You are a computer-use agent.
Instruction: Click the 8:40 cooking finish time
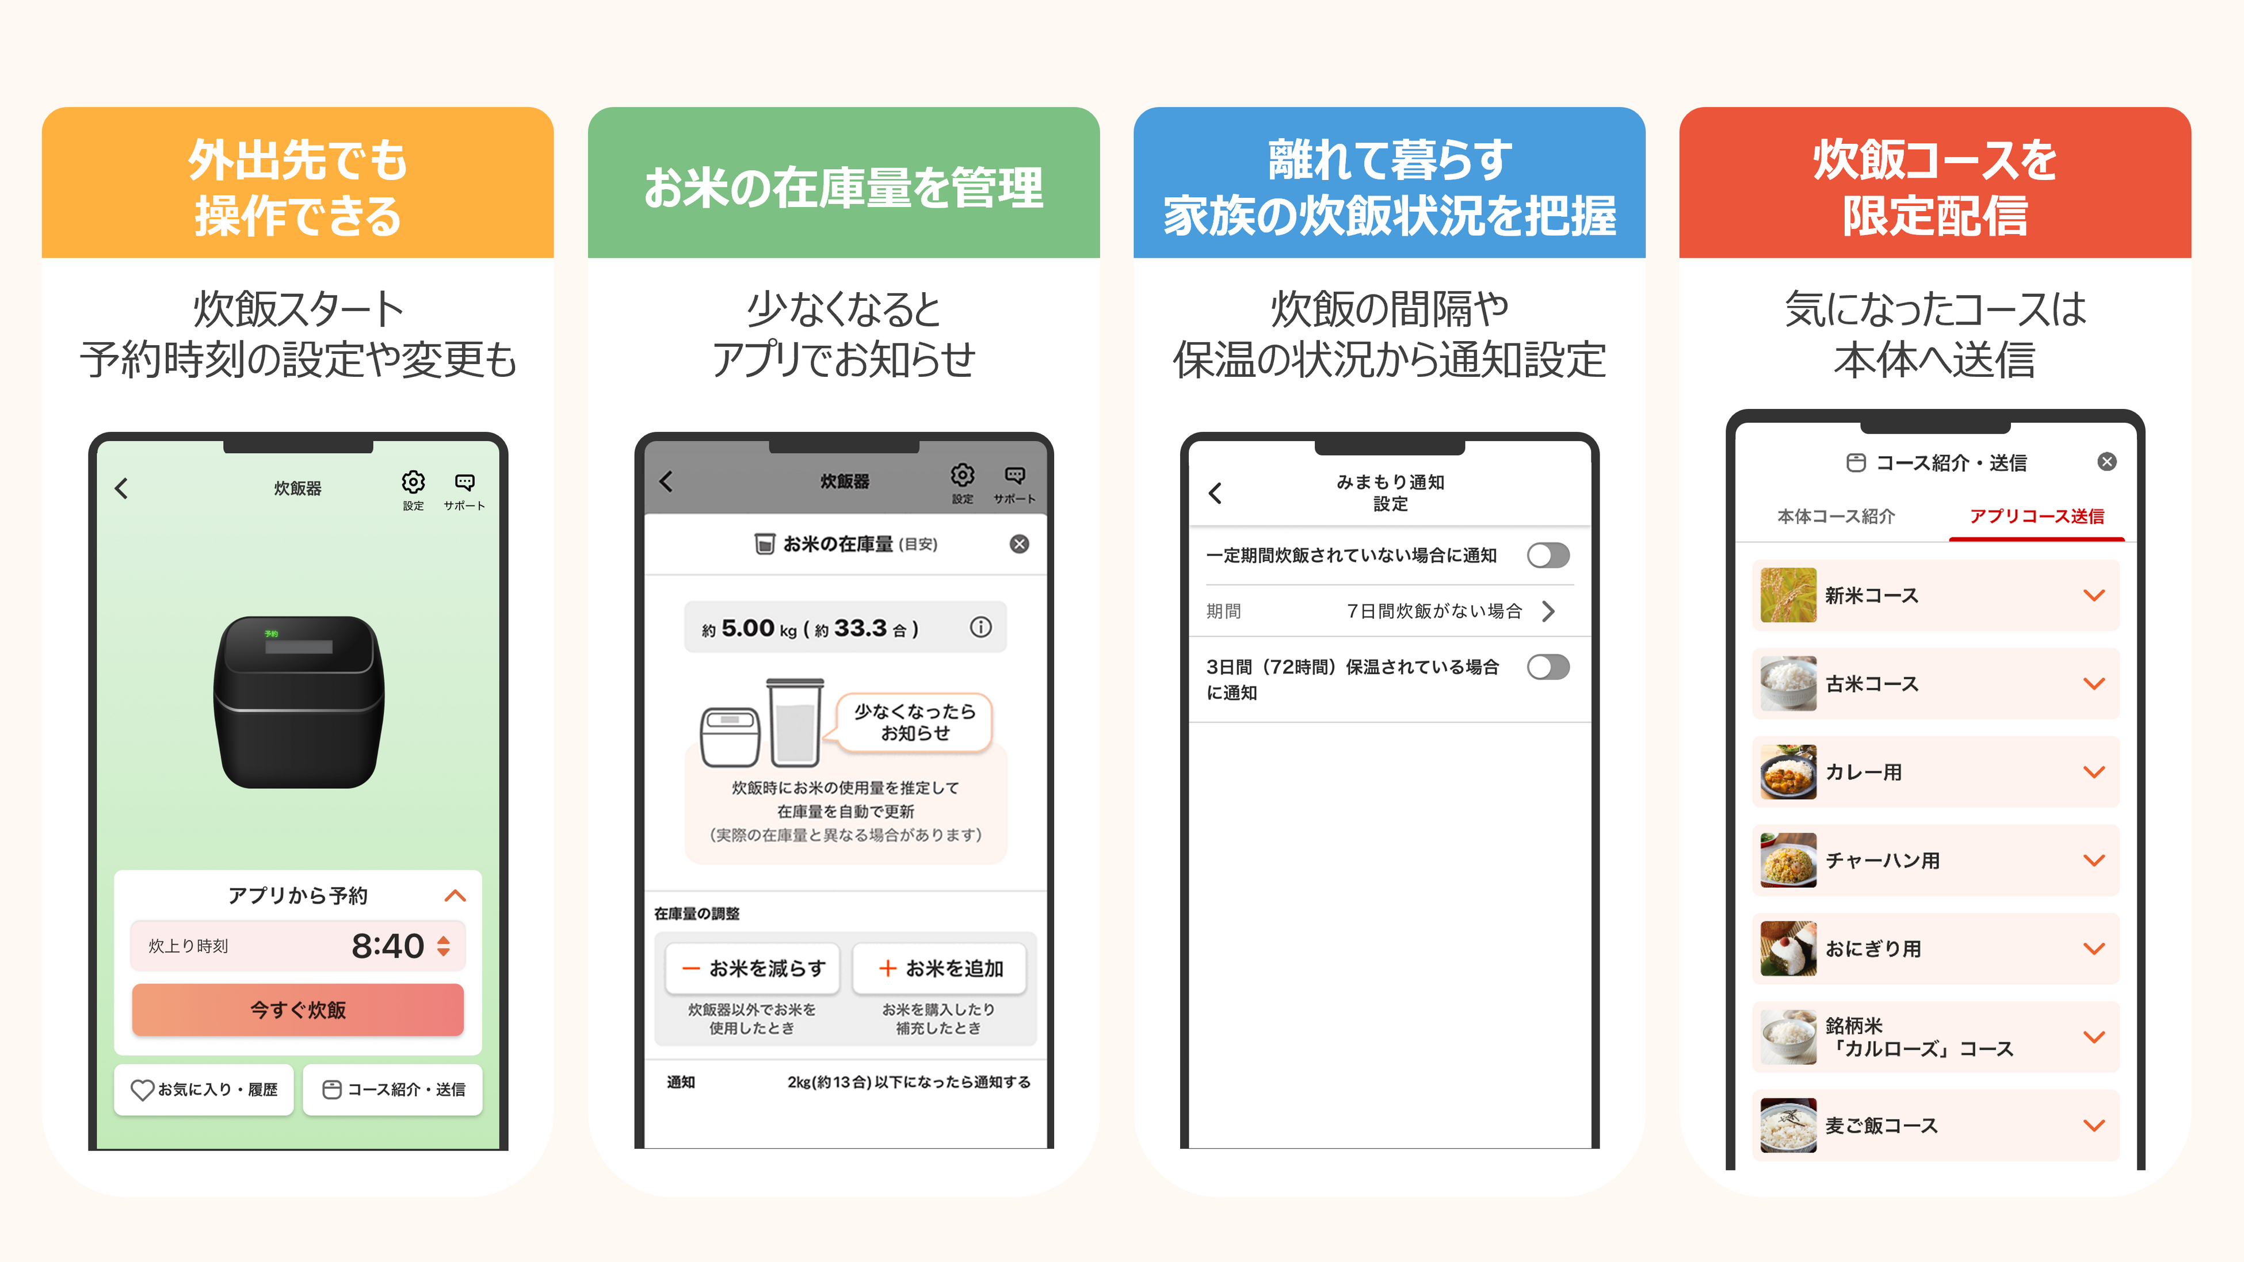point(388,946)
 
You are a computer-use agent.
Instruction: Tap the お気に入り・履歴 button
point(204,1089)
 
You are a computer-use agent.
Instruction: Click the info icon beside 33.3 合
point(980,627)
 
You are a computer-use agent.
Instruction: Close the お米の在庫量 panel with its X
point(1018,544)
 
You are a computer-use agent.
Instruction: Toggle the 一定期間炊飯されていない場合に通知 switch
point(1547,555)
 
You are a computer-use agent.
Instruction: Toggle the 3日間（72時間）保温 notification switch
point(1547,667)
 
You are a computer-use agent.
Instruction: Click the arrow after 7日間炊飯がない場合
point(1547,611)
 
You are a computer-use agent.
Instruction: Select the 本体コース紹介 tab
point(1835,517)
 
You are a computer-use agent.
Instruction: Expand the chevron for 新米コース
point(2093,596)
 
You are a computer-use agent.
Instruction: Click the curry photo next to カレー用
point(1788,772)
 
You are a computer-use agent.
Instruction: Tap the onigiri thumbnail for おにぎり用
point(1788,949)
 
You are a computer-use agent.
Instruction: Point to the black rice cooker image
point(299,701)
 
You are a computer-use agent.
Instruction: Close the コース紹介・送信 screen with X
point(2106,461)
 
